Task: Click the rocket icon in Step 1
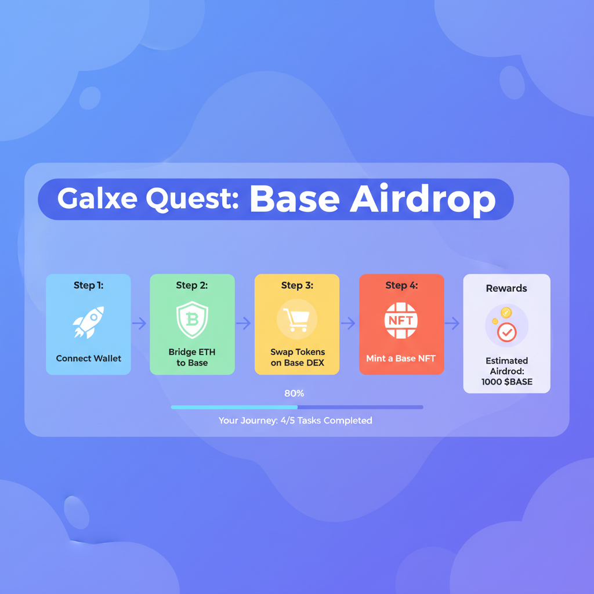(88, 322)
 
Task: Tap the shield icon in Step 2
(192, 320)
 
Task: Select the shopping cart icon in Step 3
(296, 320)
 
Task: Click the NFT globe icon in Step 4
(401, 321)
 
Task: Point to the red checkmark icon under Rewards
(506, 332)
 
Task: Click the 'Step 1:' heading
(88, 285)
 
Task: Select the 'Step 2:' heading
(192, 285)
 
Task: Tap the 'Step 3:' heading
(296, 285)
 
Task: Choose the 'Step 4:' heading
(401, 285)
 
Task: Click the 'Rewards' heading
(506, 288)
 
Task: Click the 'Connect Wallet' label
(88, 358)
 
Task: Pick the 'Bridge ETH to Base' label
(192, 357)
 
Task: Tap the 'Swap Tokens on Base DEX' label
(297, 357)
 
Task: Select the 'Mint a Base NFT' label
(401, 358)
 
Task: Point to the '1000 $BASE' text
(506, 382)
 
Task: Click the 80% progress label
(294, 393)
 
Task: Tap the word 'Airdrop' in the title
(423, 199)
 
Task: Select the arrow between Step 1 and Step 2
(140, 324)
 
